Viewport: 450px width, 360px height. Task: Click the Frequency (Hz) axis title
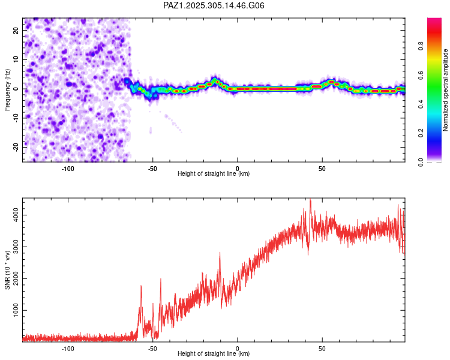8,89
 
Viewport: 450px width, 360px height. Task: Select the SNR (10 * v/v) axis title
8,270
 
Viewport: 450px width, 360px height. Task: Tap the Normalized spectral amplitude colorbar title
445,90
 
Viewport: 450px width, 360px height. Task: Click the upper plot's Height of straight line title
214,173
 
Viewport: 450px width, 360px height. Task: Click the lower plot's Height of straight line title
214,353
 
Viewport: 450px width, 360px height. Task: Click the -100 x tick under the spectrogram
68,167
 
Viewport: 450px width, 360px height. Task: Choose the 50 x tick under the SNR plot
322,347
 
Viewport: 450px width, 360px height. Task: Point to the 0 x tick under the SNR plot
238,347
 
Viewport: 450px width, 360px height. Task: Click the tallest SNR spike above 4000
310,200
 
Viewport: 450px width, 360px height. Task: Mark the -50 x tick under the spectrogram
152,167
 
